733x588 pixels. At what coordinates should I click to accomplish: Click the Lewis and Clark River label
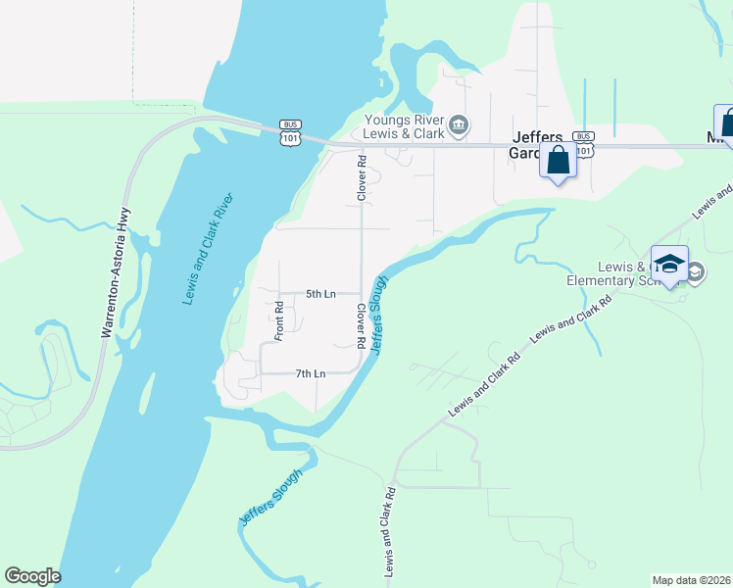click(209, 249)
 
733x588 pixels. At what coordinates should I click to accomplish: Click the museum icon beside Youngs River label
click(459, 125)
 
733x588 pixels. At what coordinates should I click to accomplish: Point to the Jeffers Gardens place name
click(538, 146)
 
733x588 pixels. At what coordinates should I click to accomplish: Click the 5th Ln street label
click(320, 293)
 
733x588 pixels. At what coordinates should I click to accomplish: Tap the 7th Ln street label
click(310, 373)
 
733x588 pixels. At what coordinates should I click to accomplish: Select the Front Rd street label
click(279, 320)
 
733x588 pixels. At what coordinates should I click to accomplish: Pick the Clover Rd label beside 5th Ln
click(362, 326)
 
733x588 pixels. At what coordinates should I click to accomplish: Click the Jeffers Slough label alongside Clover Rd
click(379, 315)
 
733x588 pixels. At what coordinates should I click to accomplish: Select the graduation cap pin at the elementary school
click(670, 265)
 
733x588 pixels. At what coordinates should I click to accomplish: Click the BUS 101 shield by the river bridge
click(289, 132)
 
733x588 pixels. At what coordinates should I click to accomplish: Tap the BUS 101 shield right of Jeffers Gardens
click(584, 143)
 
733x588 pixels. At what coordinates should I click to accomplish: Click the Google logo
click(32, 576)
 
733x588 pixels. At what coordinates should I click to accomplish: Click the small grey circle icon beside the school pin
click(695, 272)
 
